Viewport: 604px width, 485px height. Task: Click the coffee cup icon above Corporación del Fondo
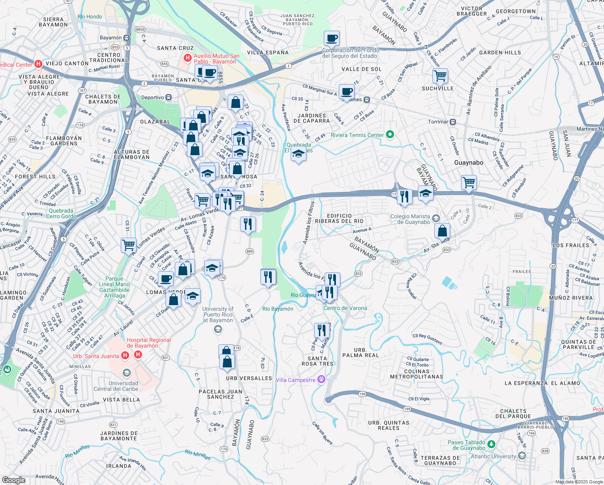[331, 38]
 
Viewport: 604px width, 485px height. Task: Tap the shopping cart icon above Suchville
[440, 75]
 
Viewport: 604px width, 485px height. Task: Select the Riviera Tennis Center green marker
[390, 135]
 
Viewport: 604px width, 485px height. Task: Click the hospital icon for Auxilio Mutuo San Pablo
[187, 58]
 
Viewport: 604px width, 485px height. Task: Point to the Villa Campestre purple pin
[321, 379]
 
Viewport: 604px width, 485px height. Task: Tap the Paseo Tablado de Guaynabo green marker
[491, 444]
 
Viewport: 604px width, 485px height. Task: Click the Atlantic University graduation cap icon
[522, 456]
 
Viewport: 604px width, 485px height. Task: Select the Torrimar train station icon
[453, 122]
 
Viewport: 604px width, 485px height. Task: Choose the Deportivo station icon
[169, 97]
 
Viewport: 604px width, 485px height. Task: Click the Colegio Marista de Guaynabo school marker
[436, 219]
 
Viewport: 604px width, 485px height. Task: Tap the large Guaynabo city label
[468, 162]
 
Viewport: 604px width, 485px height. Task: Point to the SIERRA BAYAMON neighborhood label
[53, 22]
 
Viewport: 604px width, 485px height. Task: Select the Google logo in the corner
[13, 480]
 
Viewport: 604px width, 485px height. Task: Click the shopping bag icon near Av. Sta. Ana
[443, 231]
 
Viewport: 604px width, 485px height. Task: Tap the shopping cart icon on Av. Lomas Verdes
[128, 245]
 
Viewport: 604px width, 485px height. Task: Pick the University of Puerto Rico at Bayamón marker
[218, 329]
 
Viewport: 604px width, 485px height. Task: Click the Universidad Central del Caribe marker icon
[127, 373]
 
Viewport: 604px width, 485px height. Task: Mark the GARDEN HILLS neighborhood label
[500, 53]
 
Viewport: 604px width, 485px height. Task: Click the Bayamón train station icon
[127, 38]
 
